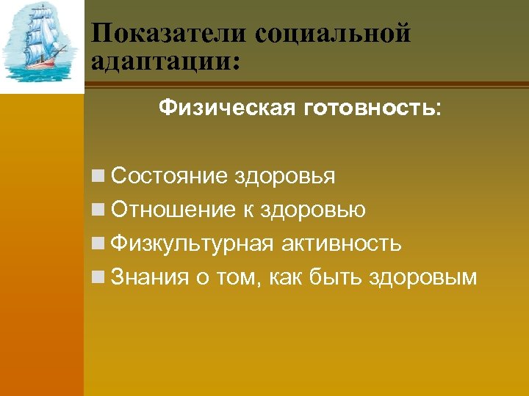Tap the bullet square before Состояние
tap(98, 177)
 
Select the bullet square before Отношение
tap(98, 211)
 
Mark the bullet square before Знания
tap(98, 278)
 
